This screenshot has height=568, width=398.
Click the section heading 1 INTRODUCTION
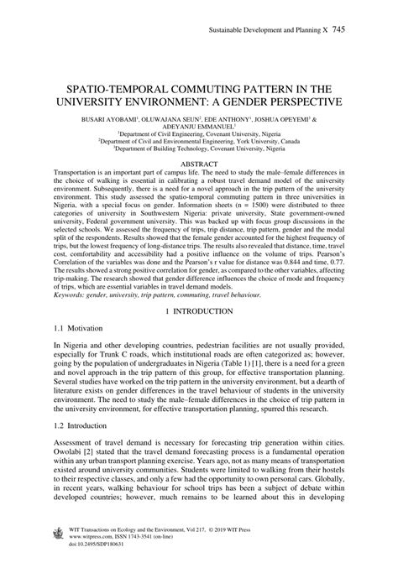pos(199,288)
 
